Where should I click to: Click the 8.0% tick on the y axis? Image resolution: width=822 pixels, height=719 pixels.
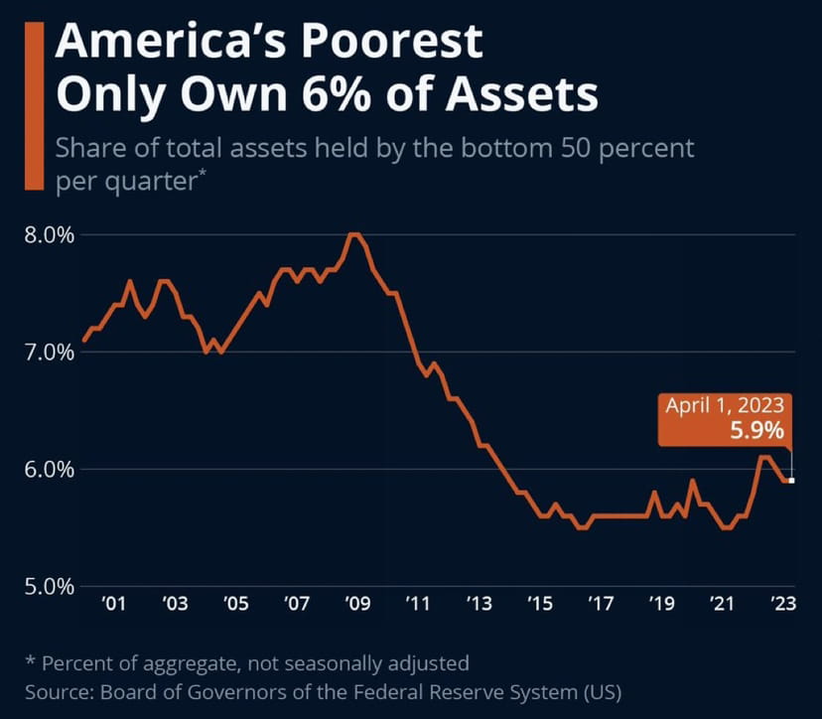tap(47, 235)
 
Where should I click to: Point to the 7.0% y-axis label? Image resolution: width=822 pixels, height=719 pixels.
tap(47, 353)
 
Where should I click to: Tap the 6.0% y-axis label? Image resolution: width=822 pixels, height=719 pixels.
tap(47, 469)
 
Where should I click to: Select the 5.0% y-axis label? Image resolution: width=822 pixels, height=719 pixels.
tap(47, 586)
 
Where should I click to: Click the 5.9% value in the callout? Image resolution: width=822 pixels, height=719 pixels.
tap(759, 431)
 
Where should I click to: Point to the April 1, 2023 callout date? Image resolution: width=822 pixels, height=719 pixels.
tap(725, 405)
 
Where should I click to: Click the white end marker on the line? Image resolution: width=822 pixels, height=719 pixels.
tap(791, 481)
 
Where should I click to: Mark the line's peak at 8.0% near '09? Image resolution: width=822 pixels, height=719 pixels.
tap(352, 234)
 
